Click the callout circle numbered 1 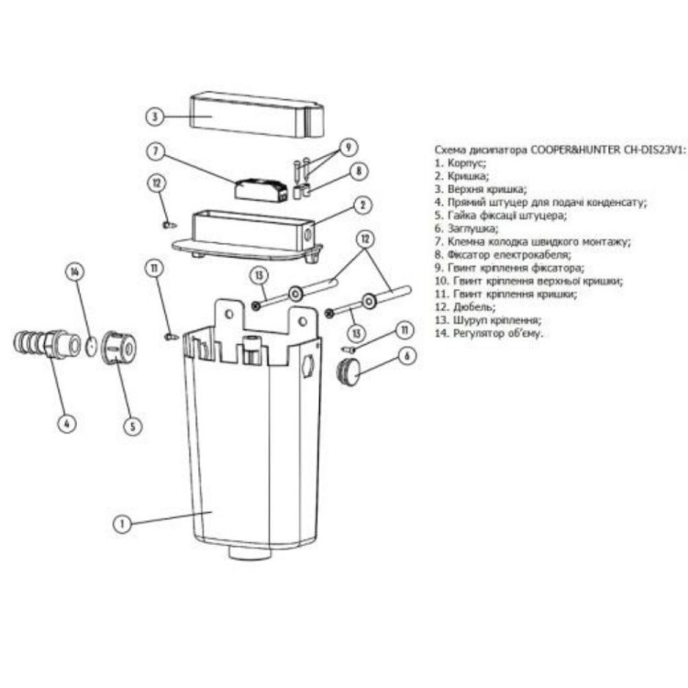pyautogui.click(x=122, y=524)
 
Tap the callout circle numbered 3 pyautogui.click(x=154, y=117)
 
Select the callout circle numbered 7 pyautogui.click(x=155, y=151)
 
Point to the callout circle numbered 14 pyautogui.click(x=74, y=272)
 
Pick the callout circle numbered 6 pyautogui.click(x=406, y=356)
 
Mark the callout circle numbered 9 pyautogui.click(x=349, y=148)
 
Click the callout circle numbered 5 pyautogui.click(x=133, y=426)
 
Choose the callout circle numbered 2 pyautogui.click(x=363, y=205)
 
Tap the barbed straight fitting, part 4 pyautogui.click(x=47, y=344)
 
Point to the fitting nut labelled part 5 pyautogui.click(x=119, y=349)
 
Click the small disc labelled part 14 pyautogui.click(x=91, y=346)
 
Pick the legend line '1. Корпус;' pyautogui.click(x=461, y=163)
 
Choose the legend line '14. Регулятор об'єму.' pyautogui.click(x=489, y=333)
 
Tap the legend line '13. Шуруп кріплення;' pyautogui.click(x=488, y=320)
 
